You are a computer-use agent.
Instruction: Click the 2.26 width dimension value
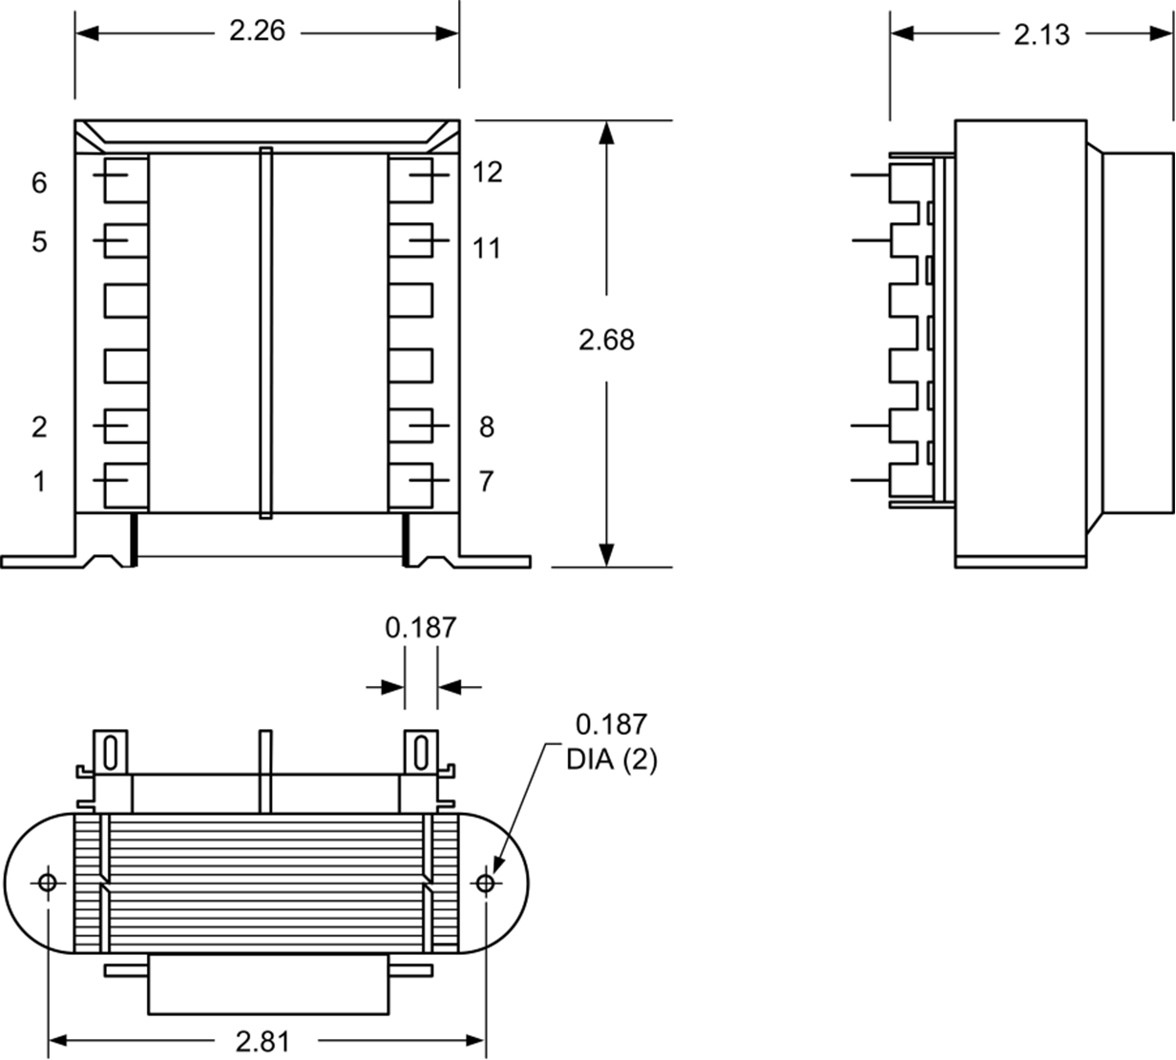(257, 31)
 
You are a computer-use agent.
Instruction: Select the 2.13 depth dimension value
(1041, 34)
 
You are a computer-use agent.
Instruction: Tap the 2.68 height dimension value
(606, 340)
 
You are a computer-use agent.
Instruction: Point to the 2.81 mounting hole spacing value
(262, 1040)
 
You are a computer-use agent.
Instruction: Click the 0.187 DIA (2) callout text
(611, 741)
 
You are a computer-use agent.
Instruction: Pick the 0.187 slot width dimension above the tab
(421, 628)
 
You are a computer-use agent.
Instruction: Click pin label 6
(39, 182)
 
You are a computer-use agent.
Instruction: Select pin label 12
(487, 173)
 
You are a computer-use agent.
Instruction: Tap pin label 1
(39, 482)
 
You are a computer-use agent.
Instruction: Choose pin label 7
(487, 482)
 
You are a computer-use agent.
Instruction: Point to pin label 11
(487, 248)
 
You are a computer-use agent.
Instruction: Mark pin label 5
(39, 241)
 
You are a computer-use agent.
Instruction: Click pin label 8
(487, 426)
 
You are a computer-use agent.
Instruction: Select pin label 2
(39, 426)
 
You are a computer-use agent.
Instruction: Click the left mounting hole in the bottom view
(48, 883)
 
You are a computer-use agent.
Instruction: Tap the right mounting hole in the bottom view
(485, 883)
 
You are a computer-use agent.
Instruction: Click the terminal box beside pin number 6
(125, 178)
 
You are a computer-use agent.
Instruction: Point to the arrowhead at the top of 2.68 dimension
(606, 133)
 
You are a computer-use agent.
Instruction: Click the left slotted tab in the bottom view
(110, 751)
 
